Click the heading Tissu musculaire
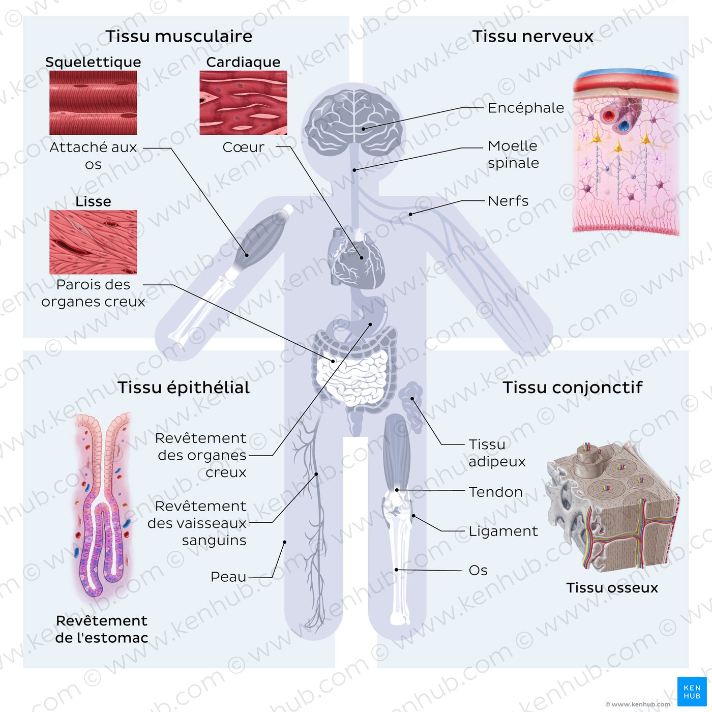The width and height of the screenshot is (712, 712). coord(179,36)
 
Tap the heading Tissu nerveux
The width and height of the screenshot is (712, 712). coord(532,36)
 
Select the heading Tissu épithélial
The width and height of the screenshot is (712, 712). coord(184,388)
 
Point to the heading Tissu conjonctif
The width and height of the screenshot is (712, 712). coord(573,388)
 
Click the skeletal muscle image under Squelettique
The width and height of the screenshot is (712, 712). coord(93,102)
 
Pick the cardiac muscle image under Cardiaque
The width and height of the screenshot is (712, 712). coord(243,102)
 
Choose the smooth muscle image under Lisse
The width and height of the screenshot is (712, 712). coord(93,242)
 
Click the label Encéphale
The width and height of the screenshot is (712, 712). coord(525,108)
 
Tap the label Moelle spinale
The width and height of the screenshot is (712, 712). coord(513,154)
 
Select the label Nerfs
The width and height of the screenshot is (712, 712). coord(508,201)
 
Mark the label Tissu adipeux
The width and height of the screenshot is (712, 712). coord(496,453)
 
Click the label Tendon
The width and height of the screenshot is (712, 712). coord(495,492)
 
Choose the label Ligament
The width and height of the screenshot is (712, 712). coord(502,531)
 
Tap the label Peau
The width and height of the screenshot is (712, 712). coord(228,577)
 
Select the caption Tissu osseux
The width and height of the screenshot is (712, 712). coord(612,588)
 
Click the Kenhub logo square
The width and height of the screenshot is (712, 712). coord(692,692)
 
